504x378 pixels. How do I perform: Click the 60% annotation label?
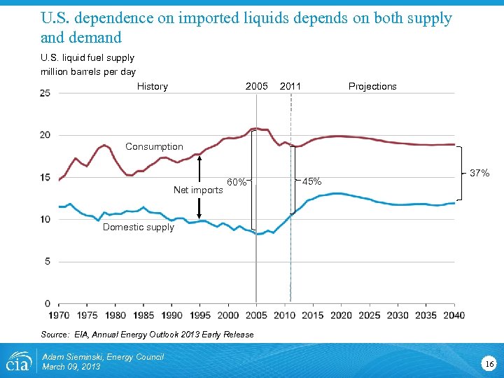[x=237, y=183]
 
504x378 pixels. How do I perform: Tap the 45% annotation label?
[x=312, y=182]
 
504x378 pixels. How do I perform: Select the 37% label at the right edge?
[x=479, y=173]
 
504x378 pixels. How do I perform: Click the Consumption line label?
[x=154, y=146]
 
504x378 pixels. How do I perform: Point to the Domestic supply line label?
[x=139, y=227]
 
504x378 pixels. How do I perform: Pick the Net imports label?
[x=198, y=190]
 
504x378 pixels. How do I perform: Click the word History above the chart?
[x=153, y=87]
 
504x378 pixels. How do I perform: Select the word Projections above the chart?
[x=372, y=87]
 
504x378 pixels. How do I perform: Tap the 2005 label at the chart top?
[x=257, y=86]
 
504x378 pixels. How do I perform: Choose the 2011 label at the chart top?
[x=290, y=86]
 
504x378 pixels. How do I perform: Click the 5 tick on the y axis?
[x=48, y=261]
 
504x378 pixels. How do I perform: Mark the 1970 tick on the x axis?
[x=59, y=315]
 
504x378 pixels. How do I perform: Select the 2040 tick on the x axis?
[x=454, y=315]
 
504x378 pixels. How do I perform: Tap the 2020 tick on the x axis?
[x=341, y=315]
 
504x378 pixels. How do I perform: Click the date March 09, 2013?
[x=71, y=367]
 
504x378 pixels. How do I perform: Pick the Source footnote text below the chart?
[x=147, y=335]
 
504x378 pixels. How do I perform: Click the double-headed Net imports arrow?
[x=199, y=187]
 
